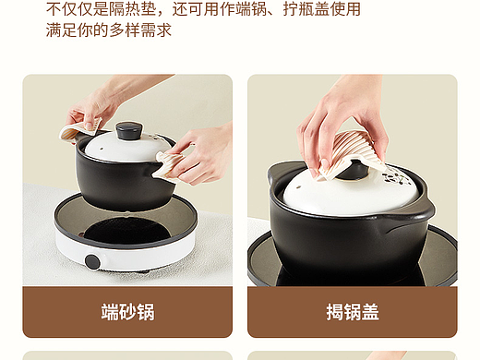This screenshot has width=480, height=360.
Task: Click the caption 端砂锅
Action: point(127,312)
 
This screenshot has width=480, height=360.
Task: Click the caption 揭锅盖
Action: point(353,312)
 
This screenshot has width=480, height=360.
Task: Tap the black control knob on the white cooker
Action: point(92,261)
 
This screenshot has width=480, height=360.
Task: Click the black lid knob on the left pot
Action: point(129,130)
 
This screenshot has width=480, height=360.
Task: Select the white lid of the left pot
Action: point(123,150)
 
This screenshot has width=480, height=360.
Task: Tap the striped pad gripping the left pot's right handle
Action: point(169,164)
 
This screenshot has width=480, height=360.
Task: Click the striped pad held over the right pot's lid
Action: point(351,155)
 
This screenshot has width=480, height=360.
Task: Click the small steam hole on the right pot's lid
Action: point(299,186)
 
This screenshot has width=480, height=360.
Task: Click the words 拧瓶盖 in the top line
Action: point(306,9)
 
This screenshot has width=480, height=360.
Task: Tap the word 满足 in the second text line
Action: point(62,30)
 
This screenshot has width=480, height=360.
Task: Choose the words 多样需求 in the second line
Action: point(140,30)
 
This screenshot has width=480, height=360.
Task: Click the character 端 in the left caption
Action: point(110,312)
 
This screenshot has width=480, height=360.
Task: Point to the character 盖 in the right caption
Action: point(370,312)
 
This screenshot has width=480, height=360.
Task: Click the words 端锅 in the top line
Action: point(252,9)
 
